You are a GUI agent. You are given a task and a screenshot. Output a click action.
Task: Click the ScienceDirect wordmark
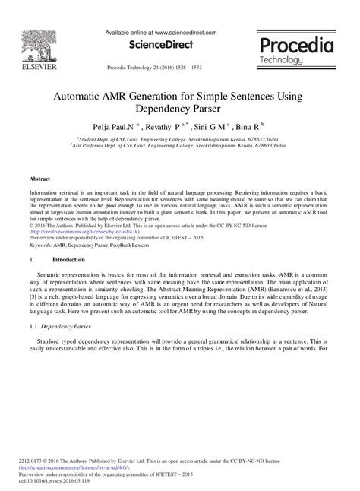click(x=163, y=45)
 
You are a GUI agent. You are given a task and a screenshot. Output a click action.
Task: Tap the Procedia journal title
click(x=295, y=46)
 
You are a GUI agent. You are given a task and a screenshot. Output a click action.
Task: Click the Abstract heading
click(x=39, y=179)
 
